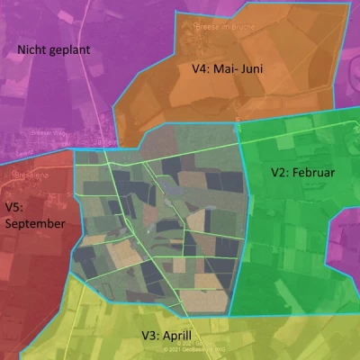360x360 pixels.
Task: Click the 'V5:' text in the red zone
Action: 14,207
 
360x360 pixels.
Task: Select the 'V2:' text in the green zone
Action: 282,171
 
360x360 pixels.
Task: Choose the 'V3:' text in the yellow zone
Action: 150,336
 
